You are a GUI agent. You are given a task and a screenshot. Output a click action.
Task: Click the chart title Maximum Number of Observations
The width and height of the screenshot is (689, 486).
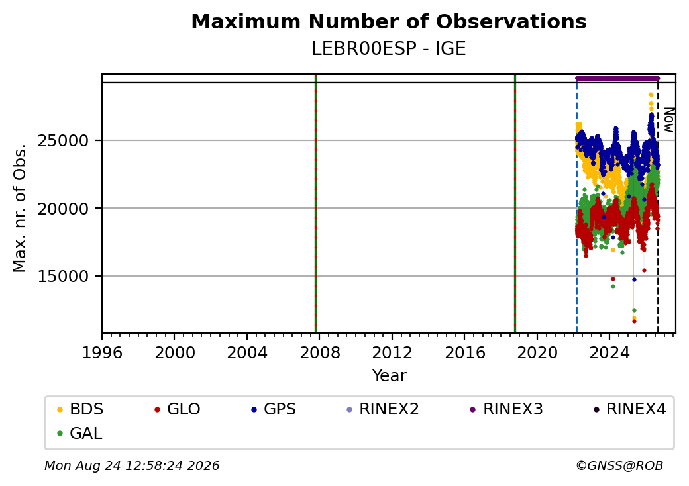389,21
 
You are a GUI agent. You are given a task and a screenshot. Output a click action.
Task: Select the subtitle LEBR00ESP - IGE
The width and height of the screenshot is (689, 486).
389,48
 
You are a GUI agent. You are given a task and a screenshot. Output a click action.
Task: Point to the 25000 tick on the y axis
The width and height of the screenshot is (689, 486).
64,141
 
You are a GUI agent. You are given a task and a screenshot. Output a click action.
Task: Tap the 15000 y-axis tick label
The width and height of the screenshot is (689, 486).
64,277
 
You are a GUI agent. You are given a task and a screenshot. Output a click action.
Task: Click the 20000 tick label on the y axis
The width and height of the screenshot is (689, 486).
64,209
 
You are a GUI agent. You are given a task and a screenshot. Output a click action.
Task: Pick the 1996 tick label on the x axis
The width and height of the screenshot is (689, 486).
102,352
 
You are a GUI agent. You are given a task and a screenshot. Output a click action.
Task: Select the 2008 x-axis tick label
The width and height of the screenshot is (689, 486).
319,352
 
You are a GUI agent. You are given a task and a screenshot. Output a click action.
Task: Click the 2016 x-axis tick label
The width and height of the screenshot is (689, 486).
464,352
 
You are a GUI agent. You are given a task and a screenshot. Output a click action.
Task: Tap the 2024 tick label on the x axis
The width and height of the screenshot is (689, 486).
609,352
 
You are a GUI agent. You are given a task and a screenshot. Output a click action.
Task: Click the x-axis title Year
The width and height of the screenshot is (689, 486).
390,376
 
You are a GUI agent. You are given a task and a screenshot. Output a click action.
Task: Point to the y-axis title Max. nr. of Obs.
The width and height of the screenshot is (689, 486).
20,208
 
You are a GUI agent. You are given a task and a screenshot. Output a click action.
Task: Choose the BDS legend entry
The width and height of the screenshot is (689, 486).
80,409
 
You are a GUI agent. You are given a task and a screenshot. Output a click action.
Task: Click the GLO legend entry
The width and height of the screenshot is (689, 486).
178,409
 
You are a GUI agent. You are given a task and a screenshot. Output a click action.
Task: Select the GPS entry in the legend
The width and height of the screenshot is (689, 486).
274,409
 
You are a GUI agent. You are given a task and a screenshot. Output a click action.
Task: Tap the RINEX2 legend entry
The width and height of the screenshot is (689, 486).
383,409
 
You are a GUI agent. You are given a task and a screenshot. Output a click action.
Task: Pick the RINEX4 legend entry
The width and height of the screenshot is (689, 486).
629,409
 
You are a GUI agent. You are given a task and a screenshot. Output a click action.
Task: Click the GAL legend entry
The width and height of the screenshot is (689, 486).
79,433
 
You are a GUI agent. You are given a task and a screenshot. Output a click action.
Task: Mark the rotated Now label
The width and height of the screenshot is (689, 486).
668,120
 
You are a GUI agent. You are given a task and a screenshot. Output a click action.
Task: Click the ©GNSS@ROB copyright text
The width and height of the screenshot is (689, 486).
619,465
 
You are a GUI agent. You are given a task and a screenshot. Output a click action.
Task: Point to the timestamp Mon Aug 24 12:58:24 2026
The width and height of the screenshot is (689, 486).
132,465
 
